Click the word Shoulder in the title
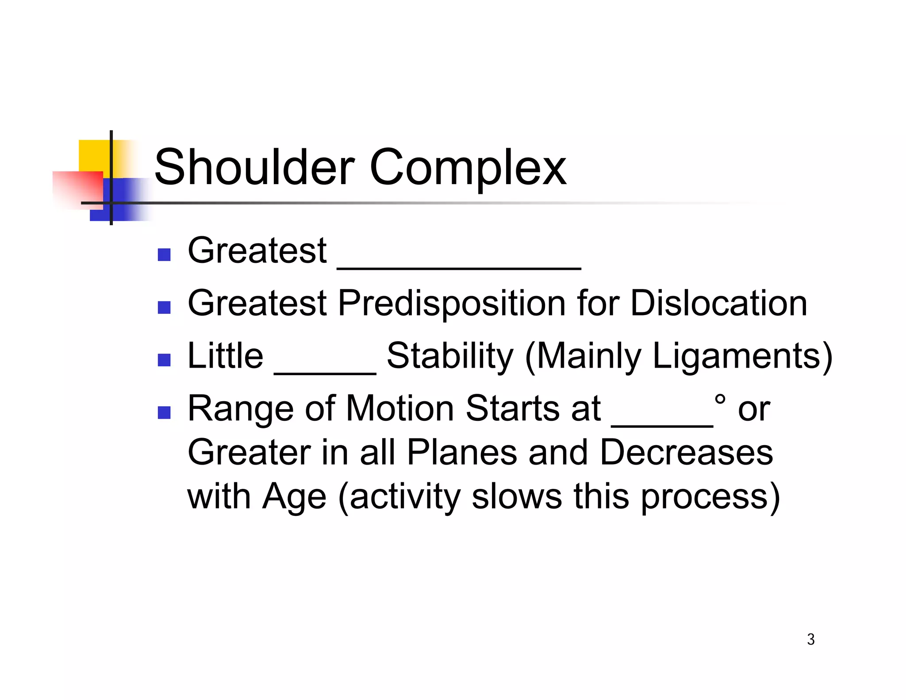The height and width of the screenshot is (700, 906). (254, 168)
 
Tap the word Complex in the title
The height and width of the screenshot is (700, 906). (468, 169)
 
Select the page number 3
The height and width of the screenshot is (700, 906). (810, 639)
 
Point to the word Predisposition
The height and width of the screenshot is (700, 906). (452, 304)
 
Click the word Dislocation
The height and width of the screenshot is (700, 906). (718, 303)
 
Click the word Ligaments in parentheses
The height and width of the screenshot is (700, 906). (736, 356)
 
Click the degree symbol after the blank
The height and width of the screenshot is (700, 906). (720, 400)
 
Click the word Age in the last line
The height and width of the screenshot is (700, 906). (294, 497)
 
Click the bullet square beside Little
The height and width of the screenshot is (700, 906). (164, 360)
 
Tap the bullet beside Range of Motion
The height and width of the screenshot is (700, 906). (164, 413)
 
